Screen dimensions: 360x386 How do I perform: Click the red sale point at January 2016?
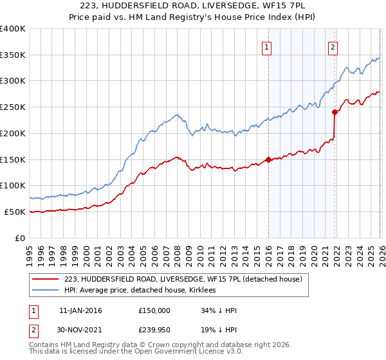point(268,160)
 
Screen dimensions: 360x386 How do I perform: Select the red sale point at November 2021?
point(335,112)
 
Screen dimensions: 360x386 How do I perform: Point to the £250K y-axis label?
point(13,107)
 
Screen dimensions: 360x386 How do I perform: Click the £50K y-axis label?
point(15,212)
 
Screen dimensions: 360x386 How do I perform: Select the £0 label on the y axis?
point(21,238)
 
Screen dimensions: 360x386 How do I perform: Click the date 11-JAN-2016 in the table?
point(80,310)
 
